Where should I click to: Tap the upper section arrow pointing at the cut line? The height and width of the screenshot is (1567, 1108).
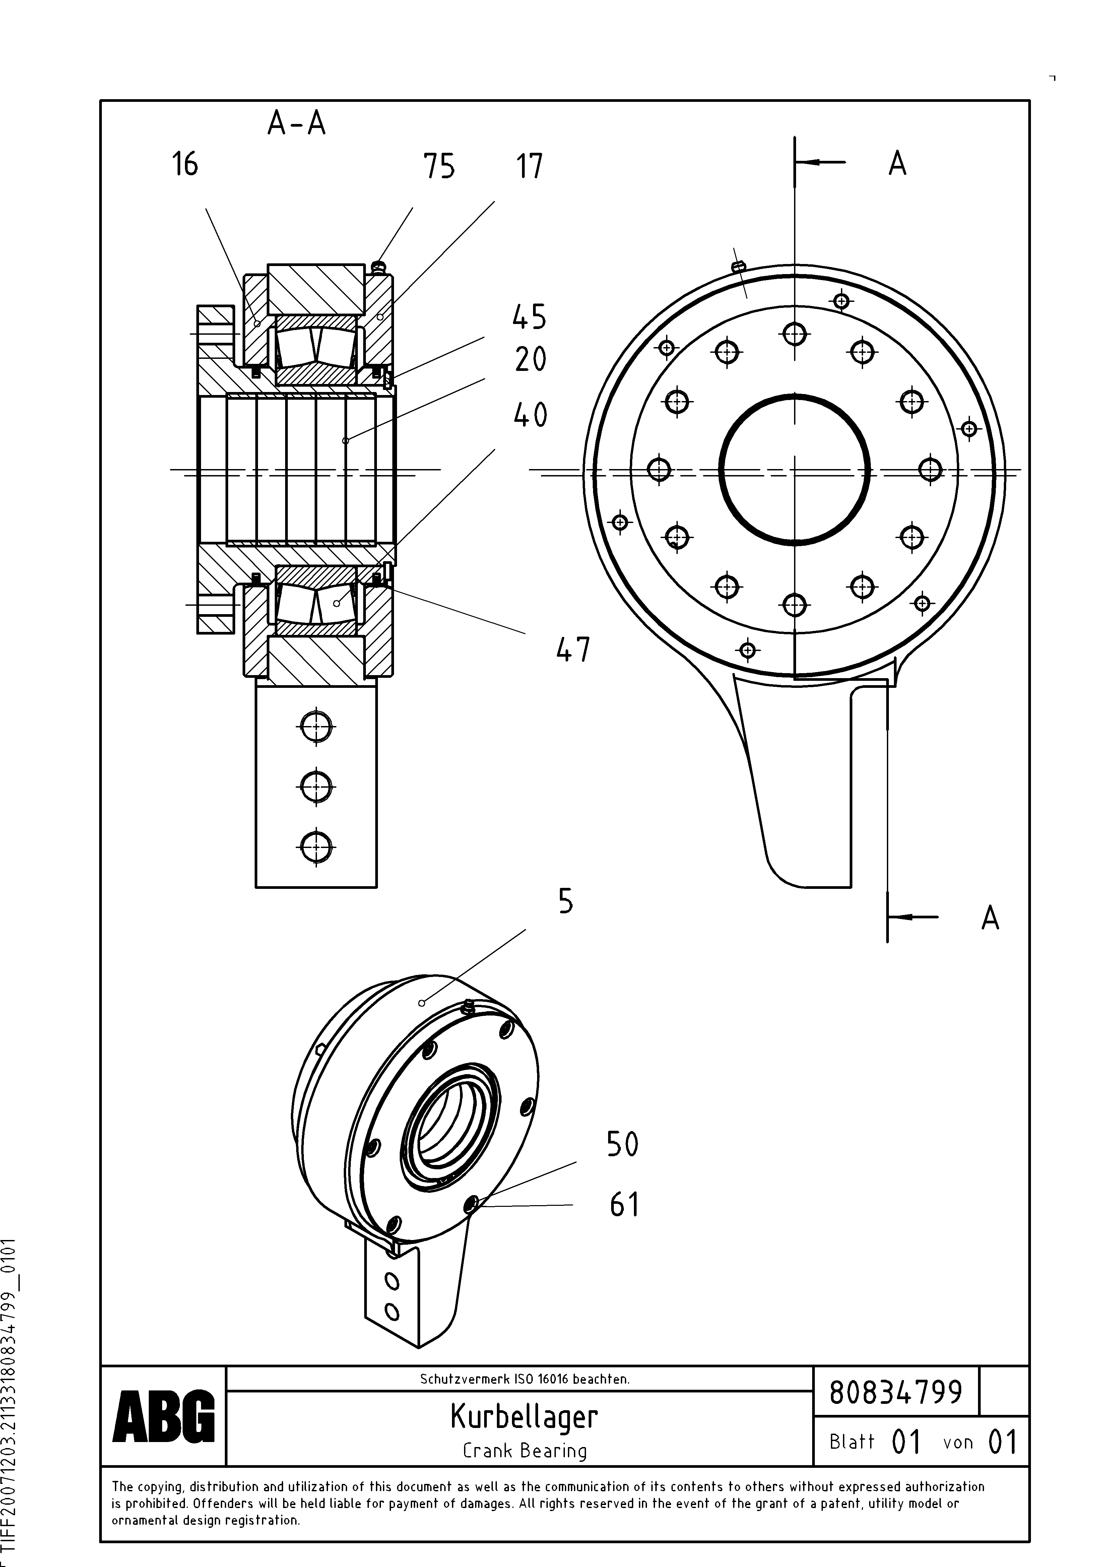[x=819, y=162]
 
